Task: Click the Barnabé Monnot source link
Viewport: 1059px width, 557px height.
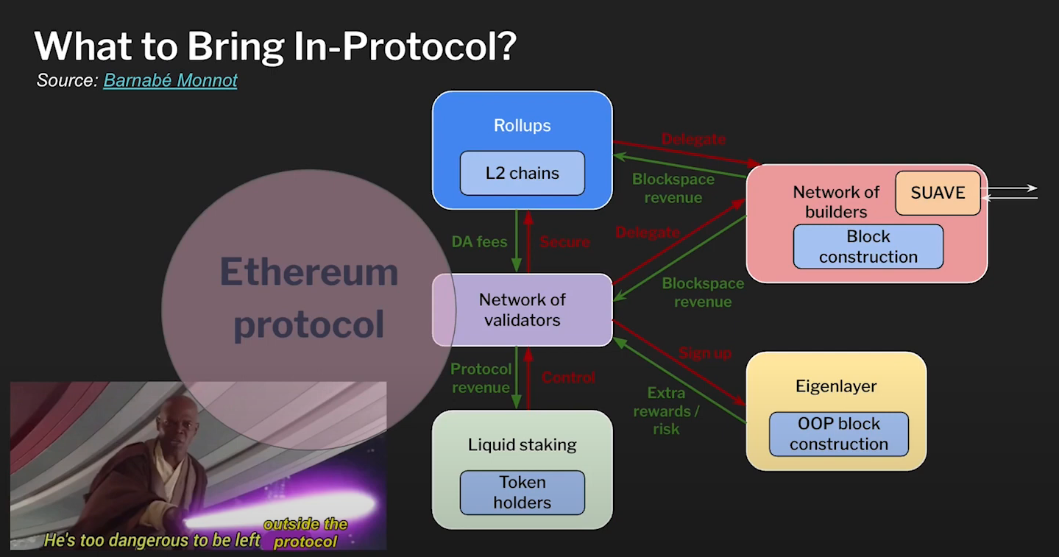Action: point(170,80)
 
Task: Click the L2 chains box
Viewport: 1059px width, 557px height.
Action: point(522,174)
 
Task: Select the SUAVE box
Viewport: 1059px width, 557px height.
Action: point(938,193)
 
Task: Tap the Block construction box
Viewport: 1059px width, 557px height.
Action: point(868,246)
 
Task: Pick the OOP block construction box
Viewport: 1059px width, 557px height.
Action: point(838,434)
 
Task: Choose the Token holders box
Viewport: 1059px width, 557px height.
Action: point(522,492)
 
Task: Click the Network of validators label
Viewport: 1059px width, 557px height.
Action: point(522,310)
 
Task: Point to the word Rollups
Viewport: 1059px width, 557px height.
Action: point(522,126)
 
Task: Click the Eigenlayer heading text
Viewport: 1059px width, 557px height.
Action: point(836,386)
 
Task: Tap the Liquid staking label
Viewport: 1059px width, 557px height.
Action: point(522,444)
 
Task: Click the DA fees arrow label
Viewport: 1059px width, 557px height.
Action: point(480,241)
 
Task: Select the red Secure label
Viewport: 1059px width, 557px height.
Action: point(565,241)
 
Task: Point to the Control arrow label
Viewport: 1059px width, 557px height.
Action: point(568,377)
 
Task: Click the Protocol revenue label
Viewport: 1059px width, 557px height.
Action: point(481,378)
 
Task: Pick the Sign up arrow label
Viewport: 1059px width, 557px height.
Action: point(705,353)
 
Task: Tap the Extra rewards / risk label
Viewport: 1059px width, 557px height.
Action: point(666,411)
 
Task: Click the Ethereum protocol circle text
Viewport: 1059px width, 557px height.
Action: point(308,298)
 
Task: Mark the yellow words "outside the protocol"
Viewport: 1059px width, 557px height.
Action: point(305,533)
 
